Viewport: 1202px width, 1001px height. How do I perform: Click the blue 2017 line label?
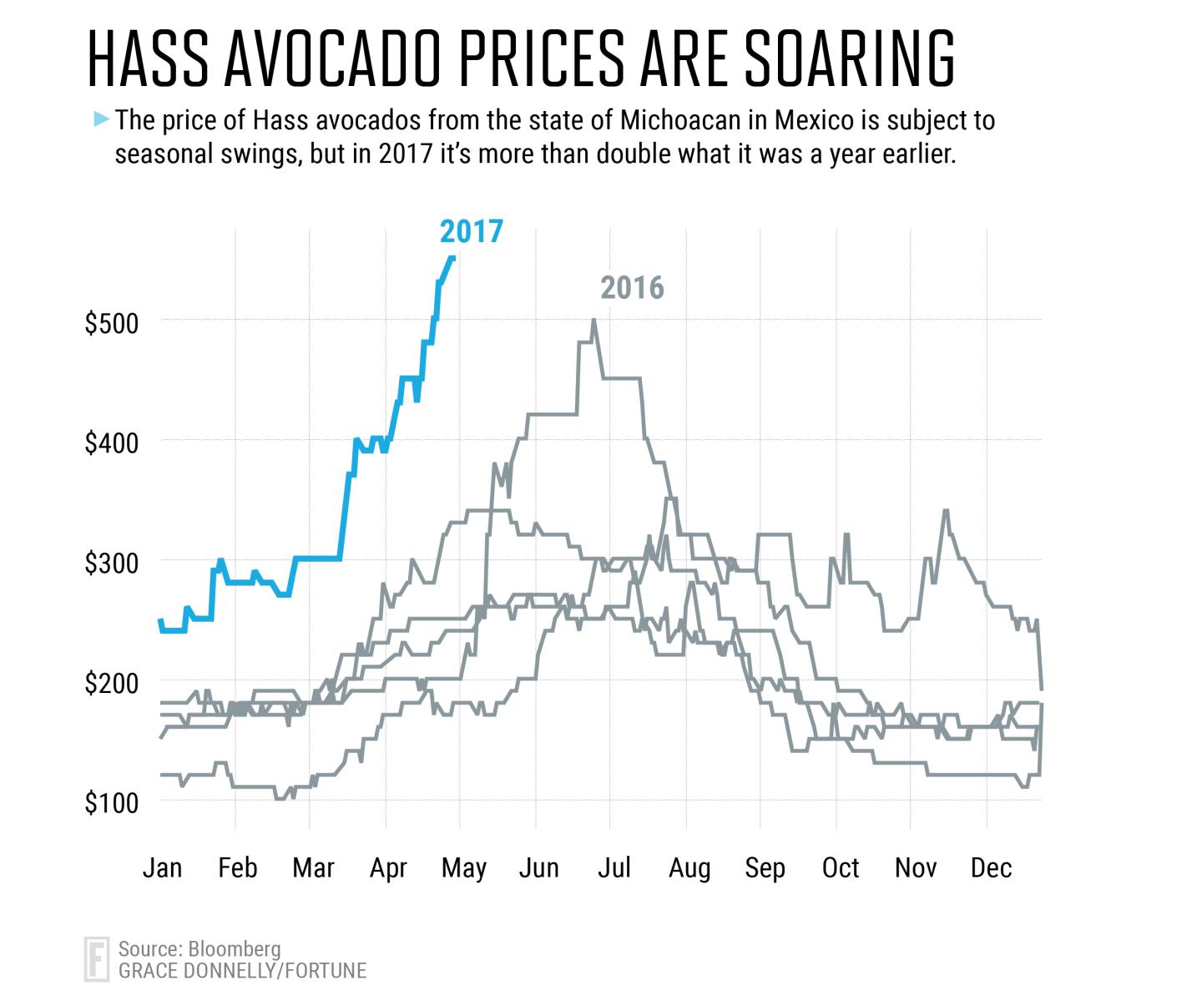471,231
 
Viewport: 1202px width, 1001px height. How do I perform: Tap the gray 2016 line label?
632,287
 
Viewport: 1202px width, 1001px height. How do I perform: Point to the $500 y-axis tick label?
112,323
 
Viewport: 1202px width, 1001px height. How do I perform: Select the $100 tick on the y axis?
112,803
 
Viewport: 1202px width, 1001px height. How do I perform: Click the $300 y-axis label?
112,563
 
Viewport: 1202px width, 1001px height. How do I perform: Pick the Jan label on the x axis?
162,867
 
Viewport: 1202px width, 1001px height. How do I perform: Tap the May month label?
464,868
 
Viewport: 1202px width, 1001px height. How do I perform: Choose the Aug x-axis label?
689,868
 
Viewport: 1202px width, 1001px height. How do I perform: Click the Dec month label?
991,867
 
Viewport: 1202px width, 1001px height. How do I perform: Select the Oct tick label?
841,867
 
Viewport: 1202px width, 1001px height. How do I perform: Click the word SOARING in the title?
850,59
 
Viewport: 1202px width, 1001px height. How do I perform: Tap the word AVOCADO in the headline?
333,59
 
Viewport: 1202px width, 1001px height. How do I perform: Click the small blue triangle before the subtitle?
101,119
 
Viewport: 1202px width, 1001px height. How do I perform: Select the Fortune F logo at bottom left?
97,959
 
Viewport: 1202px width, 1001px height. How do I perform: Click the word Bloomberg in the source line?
235,949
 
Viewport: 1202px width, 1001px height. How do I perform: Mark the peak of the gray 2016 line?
593,320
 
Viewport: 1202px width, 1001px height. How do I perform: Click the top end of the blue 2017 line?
453,257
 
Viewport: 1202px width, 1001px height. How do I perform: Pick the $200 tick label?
112,683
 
